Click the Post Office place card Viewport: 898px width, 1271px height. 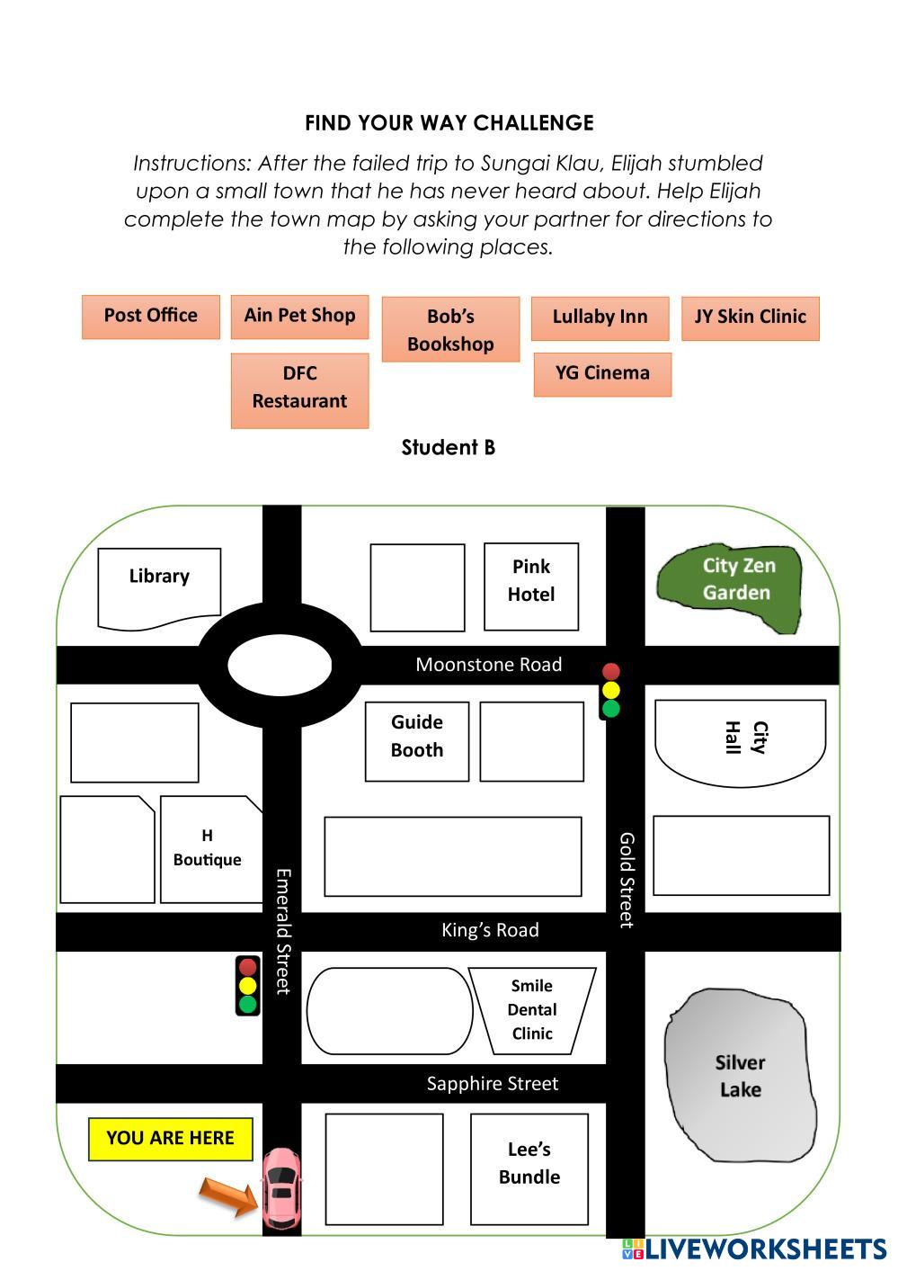pos(151,317)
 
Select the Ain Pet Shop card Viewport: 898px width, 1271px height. pos(299,317)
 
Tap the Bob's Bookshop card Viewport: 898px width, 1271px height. pos(450,330)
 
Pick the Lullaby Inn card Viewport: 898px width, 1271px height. pos(600,318)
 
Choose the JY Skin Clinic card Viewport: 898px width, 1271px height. pos(750,318)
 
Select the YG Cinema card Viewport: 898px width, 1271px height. pos(602,374)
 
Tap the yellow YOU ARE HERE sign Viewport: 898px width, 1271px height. pos(171,1139)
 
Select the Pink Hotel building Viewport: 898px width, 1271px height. pos(530,586)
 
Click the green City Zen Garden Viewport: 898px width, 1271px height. pos(730,587)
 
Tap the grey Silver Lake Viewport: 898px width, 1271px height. pos(739,1076)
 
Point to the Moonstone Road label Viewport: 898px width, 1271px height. pos(488,665)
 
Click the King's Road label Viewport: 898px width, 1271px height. pos(490,931)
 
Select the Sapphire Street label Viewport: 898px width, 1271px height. pos(492,1084)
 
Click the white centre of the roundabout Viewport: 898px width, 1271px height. pos(280,666)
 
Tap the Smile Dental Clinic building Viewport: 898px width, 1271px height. pos(532,1010)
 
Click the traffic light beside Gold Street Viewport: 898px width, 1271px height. pos(611,691)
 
